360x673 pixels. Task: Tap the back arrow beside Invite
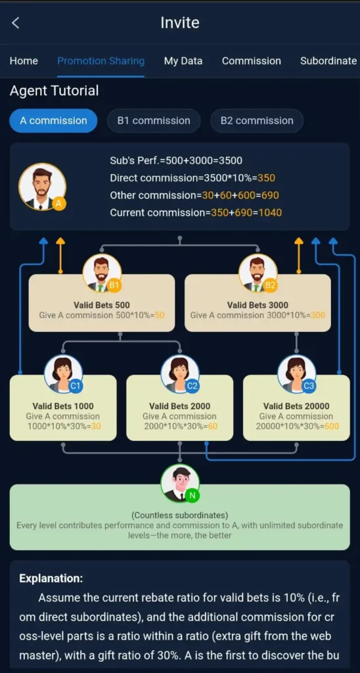[16, 23]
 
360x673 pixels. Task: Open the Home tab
[24, 61]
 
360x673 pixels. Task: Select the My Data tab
[183, 61]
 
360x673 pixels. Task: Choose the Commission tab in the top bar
[252, 61]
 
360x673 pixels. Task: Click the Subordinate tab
[328, 61]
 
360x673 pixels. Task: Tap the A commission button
[53, 121]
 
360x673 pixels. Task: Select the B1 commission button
[154, 121]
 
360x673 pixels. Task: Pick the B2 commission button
[257, 121]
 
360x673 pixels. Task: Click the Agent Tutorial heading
[54, 91]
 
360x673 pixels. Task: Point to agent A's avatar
[42, 187]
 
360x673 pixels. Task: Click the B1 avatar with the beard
[102, 273]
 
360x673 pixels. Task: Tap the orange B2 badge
[270, 285]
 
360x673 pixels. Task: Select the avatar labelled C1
[63, 374]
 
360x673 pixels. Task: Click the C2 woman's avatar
[180, 374]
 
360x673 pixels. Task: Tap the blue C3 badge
[309, 386]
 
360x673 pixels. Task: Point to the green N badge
[192, 496]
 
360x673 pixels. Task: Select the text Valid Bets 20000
[296, 406]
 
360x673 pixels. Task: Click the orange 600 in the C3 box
[331, 426]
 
